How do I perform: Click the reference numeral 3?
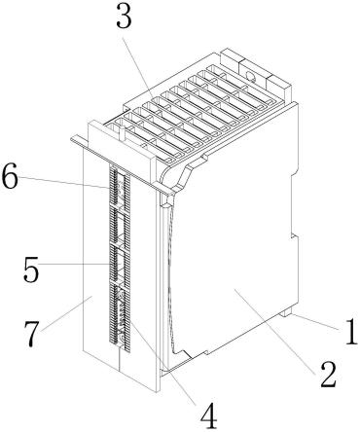[125, 16]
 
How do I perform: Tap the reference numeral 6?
[10, 177]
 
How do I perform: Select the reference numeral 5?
[31, 270]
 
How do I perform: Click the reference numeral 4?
[208, 416]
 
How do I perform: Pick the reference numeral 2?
[328, 374]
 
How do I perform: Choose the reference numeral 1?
[350, 332]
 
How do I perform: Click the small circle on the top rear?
[251, 76]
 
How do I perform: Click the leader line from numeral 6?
[62, 182]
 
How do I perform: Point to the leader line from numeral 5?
[74, 265]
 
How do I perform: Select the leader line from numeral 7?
[67, 314]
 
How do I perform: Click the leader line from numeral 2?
[275, 331]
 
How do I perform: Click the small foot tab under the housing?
[286, 312]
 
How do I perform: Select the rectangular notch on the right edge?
[295, 204]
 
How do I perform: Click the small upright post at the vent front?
[123, 133]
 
